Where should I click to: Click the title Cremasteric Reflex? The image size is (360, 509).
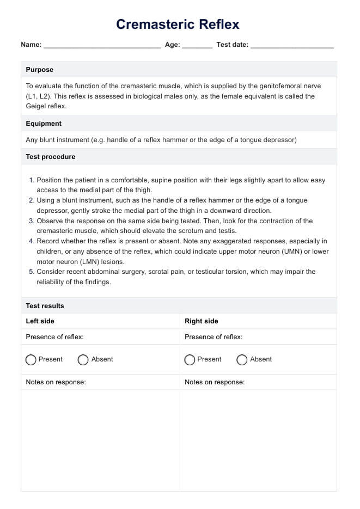pyautogui.click(x=178, y=24)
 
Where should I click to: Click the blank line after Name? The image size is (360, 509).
pyautogui.click(x=102, y=46)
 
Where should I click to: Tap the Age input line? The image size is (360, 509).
pyautogui.click(x=197, y=46)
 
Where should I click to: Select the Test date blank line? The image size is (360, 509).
pyautogui.click(x=292, y=46)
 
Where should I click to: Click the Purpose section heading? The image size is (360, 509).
pyautogui.click(x=40, y=70)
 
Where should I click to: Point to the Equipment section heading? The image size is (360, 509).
pyautogui.click(x=44, y=124)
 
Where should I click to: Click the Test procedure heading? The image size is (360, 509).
pyautogui.click(x=51, y=157)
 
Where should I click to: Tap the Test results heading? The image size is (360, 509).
pyautogui.click(x=45, y=306)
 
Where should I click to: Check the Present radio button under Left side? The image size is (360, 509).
pyautogui.click(x=31, y=360)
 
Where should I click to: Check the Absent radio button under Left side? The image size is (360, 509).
pyautogui.click(x=83, y=360)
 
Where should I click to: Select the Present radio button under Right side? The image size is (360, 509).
pyautogui.click(x=190, y=360)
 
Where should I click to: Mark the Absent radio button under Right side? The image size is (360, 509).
pyautogui.click(x=242, y=360)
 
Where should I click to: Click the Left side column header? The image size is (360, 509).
pyautogui.click(x=40, y=321)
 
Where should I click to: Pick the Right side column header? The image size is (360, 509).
pyautogui.click(x=202, y=321)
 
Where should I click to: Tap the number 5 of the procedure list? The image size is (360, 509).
pyautogui.click(x=32, y=272)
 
